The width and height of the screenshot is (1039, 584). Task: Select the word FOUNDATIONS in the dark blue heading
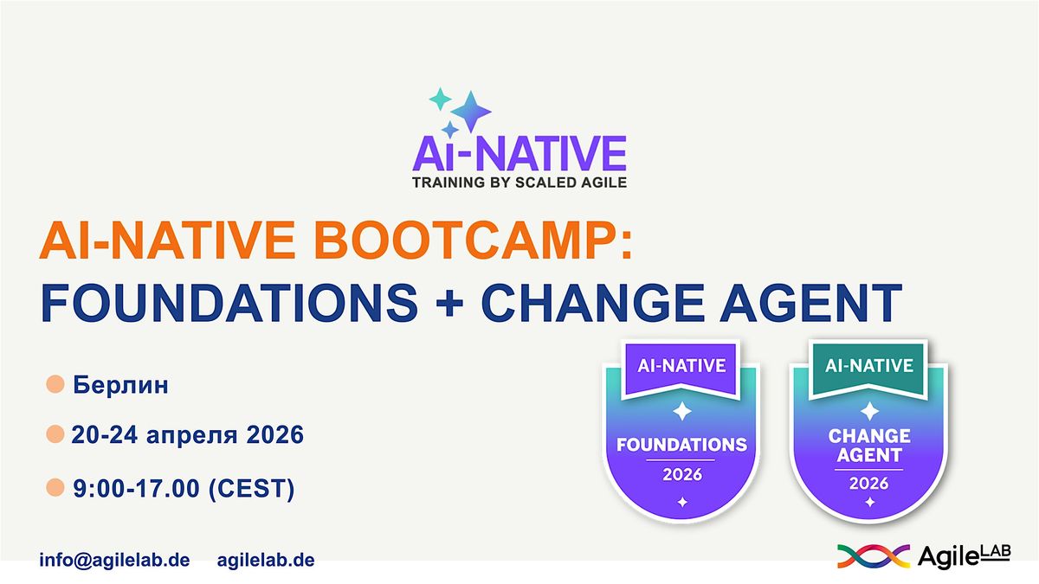tap(229, 303)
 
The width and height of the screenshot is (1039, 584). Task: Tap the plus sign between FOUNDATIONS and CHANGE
tap(449, 304)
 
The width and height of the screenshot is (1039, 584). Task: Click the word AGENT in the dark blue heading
tap(810, 303)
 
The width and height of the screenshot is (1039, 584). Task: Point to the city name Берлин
tap(120, 385)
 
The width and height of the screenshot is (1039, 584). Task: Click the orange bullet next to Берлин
tap(55, 384)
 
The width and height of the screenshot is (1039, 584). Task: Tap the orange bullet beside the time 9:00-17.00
tap(55, 488)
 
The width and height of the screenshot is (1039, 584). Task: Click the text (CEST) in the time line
tap(251, 489)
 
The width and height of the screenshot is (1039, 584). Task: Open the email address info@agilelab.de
tap(114, 560)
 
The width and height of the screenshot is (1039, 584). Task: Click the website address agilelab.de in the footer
tap(266, 560)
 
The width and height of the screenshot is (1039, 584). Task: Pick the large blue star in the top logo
tap(471, 112)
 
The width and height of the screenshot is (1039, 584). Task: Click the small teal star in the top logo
tap(440, 99)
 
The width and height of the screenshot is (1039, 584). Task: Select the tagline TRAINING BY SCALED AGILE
tap(519, 183)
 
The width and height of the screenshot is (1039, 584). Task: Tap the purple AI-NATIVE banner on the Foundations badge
tap(681, 369)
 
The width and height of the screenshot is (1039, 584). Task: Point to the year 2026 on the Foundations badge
tap(682, 475)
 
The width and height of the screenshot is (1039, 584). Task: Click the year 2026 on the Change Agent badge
tap(868, 484)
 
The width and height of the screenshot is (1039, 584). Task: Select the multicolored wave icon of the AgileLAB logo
tap(874, 555)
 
